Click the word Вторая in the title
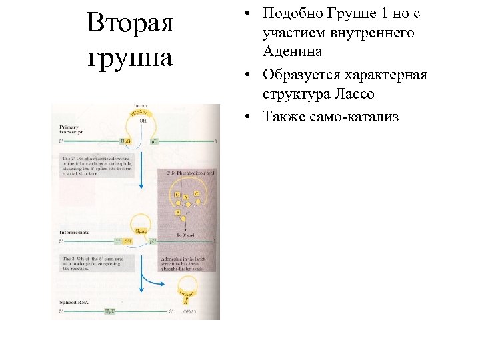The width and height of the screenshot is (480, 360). [130, 23]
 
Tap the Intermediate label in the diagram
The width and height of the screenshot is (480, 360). [74, 232]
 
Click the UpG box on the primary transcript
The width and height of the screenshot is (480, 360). [125, 141]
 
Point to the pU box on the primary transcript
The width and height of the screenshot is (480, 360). [154, 141]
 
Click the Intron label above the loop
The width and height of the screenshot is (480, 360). [141, 106]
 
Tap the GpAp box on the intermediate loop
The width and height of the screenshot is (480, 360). [142, 231]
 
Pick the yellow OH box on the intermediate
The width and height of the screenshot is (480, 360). [127, 241]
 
